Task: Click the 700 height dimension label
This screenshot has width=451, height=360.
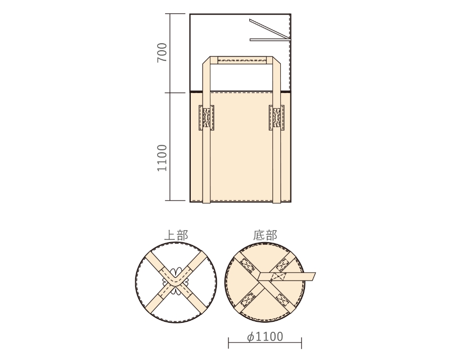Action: pos(162,53)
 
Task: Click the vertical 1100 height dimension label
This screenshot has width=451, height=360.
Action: pos(162,157)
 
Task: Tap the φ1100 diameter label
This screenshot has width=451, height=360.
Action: pos(265,336)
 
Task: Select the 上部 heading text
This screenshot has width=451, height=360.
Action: pos(176,235)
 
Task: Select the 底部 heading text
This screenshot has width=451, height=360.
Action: pos(265,235)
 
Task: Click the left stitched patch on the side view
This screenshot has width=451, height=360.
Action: pos(206,118)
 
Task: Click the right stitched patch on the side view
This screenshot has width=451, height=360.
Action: pos(276,118)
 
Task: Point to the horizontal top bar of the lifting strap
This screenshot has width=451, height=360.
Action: pos(241,60)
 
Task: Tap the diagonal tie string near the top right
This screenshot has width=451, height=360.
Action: pos(267,28)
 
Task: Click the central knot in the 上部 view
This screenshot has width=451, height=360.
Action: pos(176,280)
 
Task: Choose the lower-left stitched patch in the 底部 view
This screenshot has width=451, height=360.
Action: pos(248,300)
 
